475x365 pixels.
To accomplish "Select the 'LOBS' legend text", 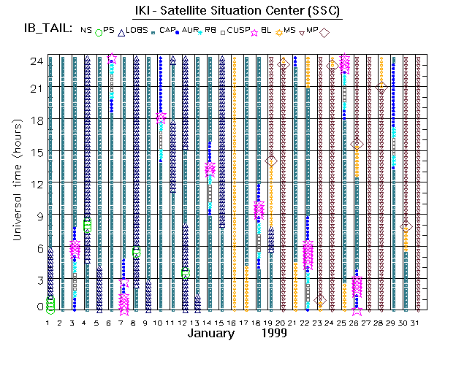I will click(137, 30).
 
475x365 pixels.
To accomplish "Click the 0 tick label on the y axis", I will click(39, 307).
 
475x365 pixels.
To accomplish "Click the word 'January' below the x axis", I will click(211, 333).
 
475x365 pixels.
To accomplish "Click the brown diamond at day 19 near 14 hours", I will click(271, 161).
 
